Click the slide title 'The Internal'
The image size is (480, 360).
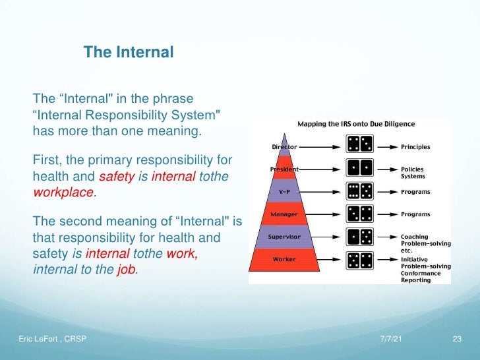click(x=129, y=51)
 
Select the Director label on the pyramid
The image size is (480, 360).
click(x=285, y=146)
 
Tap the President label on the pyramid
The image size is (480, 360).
click(x=285, y=169)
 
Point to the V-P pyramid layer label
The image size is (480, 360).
click(x=285, y=192)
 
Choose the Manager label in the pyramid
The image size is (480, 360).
click(x=285, y=214)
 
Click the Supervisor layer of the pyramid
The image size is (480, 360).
click(x=285, y=236)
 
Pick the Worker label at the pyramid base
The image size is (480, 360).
click(x=285, y=258)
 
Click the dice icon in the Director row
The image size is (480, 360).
click(x=359, y=144)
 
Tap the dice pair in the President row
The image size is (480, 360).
click(x=359, y=167)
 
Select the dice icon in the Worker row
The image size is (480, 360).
click(x=359, y=258)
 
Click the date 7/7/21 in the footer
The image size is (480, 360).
click(x=392, y=339)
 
